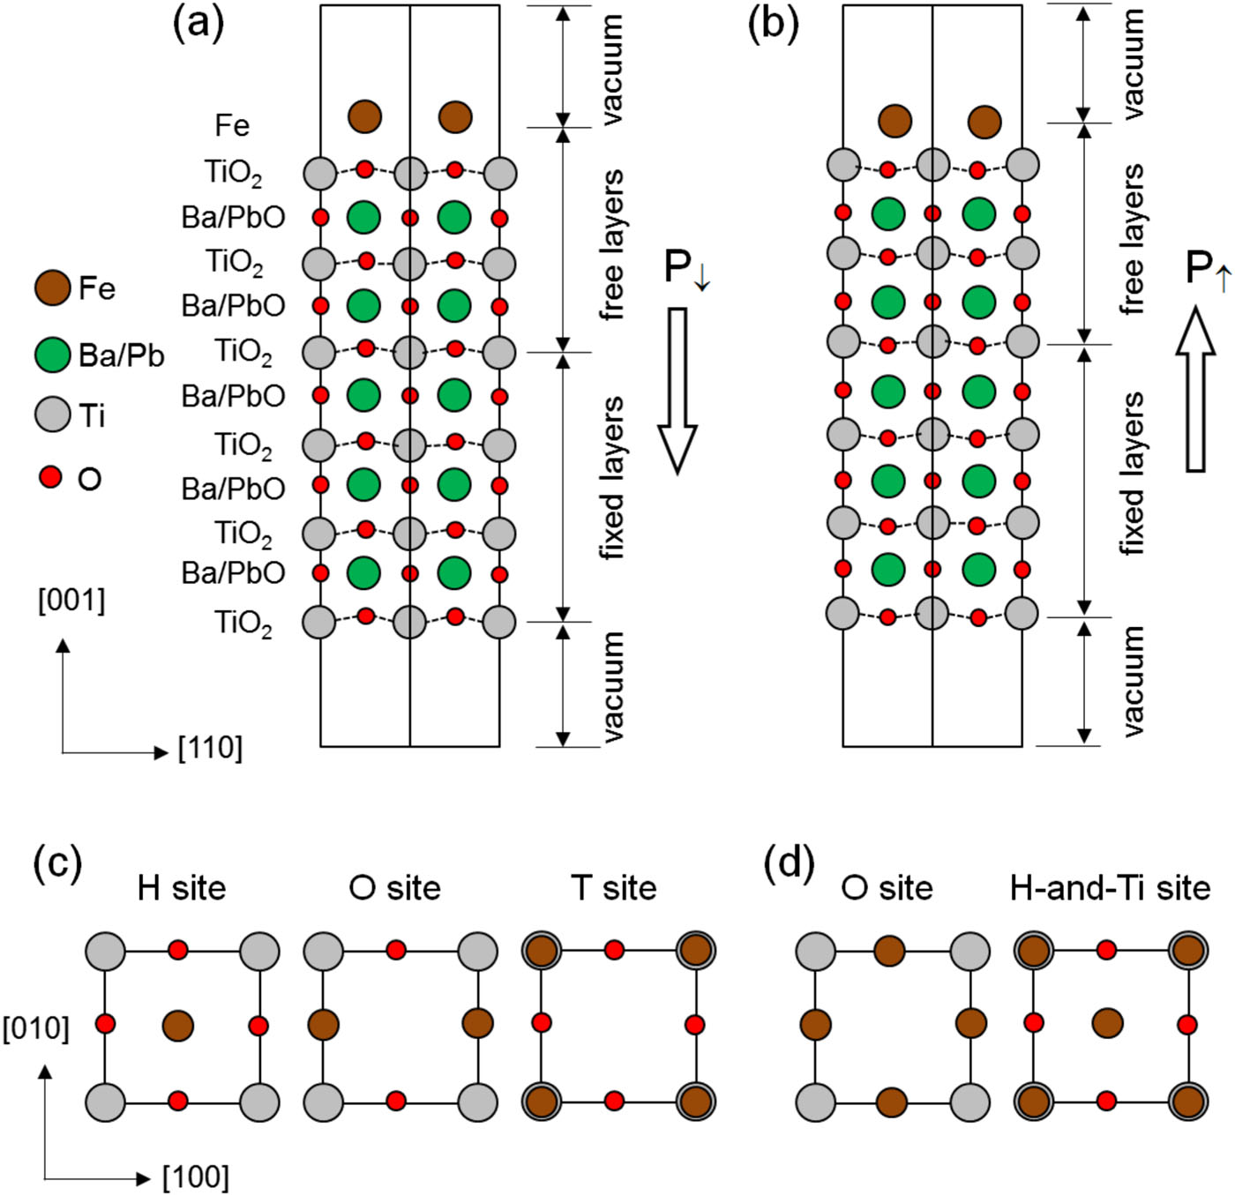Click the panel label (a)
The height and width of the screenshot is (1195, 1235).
[198, 24]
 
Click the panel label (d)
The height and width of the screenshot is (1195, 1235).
[789, 865]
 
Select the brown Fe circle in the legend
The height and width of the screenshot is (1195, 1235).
[53, 288]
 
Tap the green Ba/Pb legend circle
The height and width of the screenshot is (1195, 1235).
[53, 354]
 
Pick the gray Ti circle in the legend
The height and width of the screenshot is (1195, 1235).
[53, 415]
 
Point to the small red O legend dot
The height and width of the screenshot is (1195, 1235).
[51, 478]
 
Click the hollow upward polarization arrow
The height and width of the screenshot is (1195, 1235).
[1195, 388]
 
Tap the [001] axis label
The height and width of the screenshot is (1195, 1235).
[71, 601]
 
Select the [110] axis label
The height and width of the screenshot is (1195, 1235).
[210, 749]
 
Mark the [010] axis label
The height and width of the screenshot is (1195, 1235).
[36, 1028]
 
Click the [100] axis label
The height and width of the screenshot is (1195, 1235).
[196, 1177]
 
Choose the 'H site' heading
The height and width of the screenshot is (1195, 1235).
[182, 888]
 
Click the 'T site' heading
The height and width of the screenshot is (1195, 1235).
[614, 888]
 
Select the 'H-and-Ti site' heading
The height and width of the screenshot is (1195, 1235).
[1110, 888]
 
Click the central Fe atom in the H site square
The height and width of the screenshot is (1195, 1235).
[178, 1026]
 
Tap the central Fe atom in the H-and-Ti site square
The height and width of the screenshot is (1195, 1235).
[1108, 1024]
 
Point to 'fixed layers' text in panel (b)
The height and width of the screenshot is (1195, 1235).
[1131, 474]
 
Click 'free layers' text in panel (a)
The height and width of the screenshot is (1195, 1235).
[610, 245]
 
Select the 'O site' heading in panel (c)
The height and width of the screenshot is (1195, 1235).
[395, 888]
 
